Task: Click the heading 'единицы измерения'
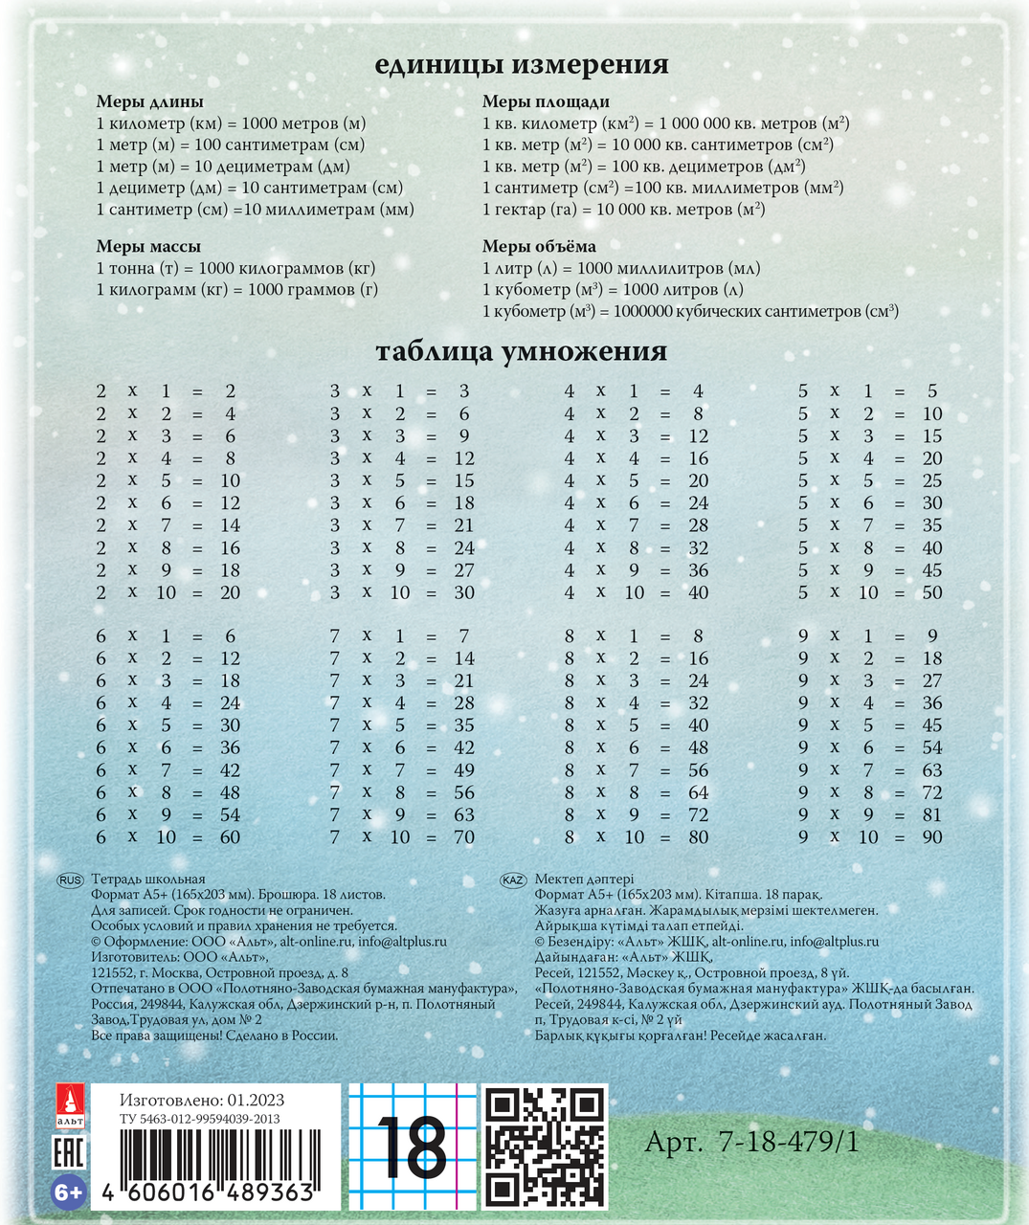521,65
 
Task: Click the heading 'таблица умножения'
521,352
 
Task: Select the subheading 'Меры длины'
149,102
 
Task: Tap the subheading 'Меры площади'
546,102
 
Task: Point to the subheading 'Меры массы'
148,247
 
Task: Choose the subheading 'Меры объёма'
539,247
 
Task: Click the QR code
545,1146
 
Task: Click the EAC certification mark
69,1151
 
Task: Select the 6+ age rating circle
69,1193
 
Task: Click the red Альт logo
69,1105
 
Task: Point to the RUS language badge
71,880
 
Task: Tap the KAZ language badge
514,880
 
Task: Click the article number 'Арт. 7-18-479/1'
751,1142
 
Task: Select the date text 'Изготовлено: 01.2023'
202,1101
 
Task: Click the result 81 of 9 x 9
931,815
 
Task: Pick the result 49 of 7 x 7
464,770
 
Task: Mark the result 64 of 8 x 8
699,792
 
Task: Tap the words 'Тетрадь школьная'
148,880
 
